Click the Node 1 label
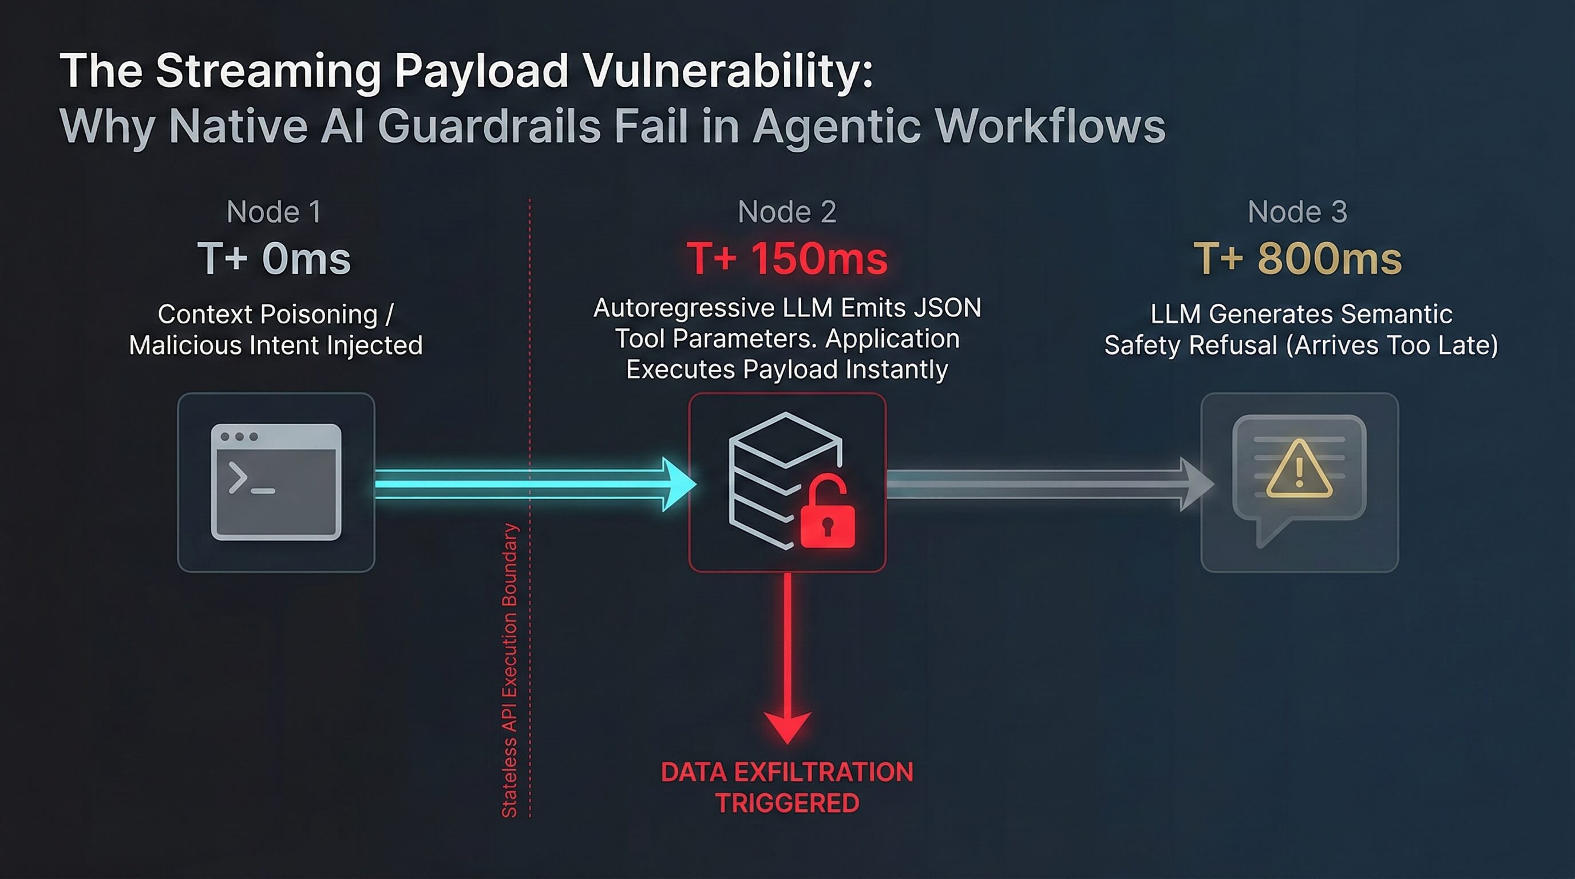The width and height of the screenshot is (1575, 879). [274, 212]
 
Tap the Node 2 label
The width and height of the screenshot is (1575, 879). [786, 212]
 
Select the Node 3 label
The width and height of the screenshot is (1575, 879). [1297, 212]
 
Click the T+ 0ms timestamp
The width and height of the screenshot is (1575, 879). [274, 259]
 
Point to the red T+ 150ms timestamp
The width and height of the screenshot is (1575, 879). [786, 259]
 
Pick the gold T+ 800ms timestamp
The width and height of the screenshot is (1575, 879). [1297, 259]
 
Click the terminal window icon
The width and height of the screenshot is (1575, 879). [276, 482]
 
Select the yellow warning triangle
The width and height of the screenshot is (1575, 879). [1299, 469]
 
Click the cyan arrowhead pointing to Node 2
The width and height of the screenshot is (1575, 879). [678, 484]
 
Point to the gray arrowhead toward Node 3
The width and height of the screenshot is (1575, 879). [1195, 484]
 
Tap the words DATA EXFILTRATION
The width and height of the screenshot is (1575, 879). [787, 772]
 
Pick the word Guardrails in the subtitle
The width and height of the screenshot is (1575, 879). [489, 126]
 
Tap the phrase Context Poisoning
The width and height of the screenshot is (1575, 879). [268, 314]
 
